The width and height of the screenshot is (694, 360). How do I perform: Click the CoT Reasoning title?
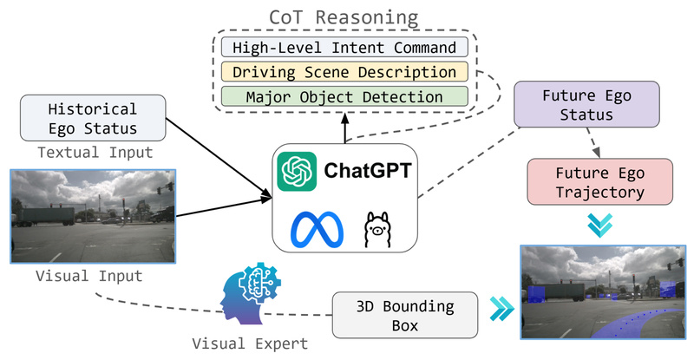tap(344, 16)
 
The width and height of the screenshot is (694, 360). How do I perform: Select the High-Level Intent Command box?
tap(344, 47)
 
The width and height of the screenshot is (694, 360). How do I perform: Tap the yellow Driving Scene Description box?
tap(344, 72)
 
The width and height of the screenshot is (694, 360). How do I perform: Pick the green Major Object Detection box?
tap(344, 97)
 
